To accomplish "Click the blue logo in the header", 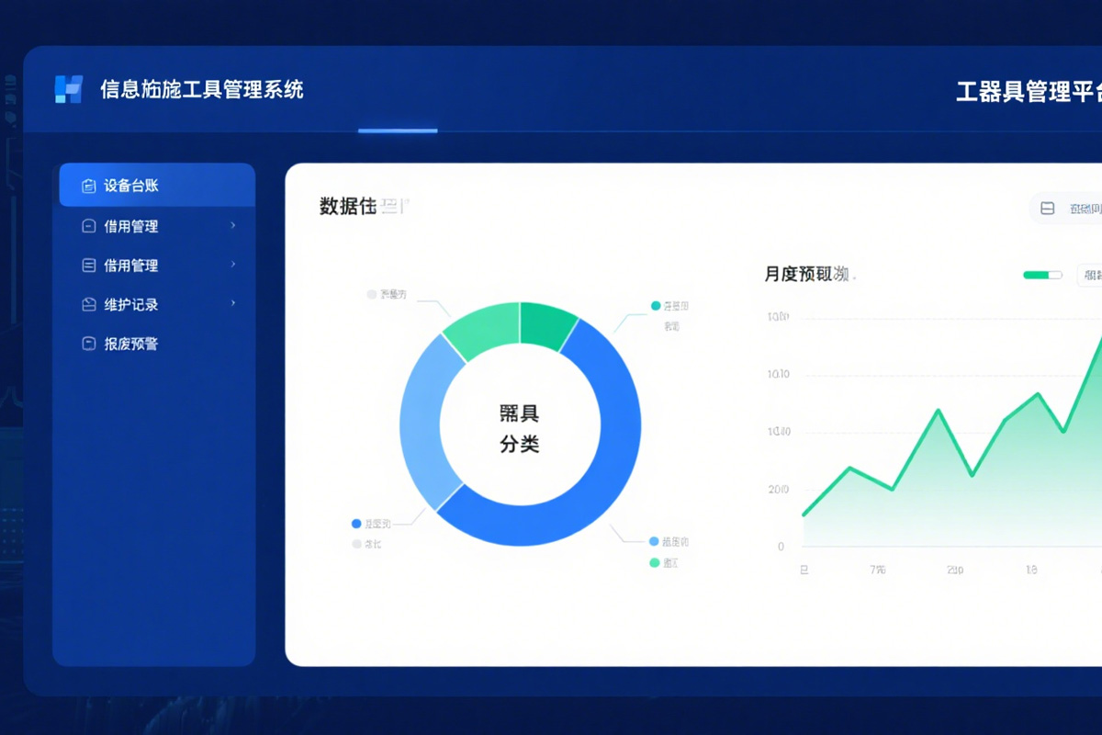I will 69,89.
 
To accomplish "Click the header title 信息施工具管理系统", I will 201,89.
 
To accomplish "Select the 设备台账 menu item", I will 131,186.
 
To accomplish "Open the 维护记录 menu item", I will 131,304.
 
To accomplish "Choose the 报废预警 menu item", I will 131,344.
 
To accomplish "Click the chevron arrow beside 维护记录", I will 233,303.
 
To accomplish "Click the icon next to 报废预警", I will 89,344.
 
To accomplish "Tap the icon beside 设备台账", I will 89,186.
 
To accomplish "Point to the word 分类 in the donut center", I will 520,444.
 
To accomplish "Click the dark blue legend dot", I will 356,524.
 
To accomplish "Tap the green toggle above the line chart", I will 1042,275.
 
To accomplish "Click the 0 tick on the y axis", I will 782,547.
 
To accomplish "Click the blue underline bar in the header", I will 398,130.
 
